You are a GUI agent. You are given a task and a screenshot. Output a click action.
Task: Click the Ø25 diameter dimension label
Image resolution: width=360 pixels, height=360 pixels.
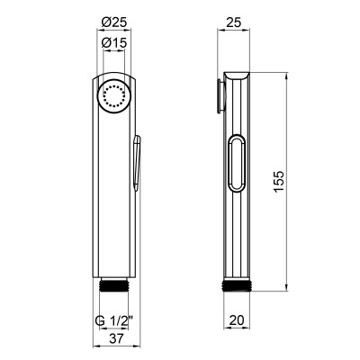coord(114,22)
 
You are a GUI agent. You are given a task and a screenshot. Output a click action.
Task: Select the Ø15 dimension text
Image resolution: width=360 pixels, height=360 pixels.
coord(114,42)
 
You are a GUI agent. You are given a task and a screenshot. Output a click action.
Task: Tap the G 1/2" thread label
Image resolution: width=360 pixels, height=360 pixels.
coord(113,321)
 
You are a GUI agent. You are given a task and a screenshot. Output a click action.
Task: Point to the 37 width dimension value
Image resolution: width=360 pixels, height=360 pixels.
coord(116,338)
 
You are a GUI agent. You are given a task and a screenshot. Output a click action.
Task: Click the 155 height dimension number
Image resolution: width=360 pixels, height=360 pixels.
coord(279,182)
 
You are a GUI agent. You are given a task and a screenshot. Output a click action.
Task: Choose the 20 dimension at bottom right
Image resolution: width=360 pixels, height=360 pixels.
coord(237,320)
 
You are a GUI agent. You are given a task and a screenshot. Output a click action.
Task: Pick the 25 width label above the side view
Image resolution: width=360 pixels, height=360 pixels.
coord(233,22)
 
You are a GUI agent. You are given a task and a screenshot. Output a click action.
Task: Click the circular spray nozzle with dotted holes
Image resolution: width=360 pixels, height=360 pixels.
coord(114,97)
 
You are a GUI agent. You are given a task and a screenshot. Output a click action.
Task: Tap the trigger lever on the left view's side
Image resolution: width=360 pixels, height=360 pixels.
coord(137,163)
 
